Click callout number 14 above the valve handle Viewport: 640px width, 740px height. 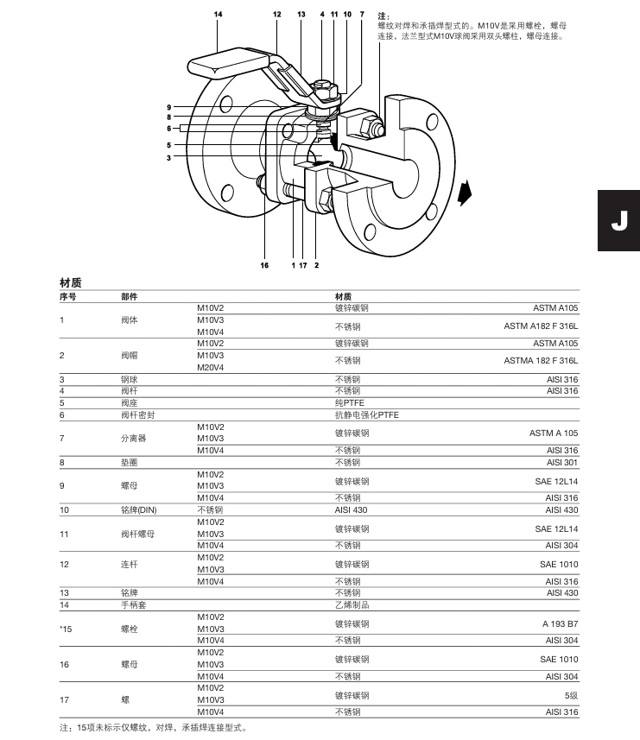219,15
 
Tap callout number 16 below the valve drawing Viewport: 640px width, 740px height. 264,265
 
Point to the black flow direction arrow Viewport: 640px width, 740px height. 466,193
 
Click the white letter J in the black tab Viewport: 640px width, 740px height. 618,220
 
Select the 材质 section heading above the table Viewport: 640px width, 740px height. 71,283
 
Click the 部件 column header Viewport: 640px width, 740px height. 129,296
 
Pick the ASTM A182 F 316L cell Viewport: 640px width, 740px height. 541,326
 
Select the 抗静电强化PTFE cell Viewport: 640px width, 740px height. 367,414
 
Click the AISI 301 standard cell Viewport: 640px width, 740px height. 561,462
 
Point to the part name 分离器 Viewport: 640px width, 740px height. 134,438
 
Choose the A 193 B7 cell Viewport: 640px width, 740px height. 560,623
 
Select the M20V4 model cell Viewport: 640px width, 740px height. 210,367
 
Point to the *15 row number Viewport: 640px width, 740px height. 66,629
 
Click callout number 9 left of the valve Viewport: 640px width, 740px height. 169,107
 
